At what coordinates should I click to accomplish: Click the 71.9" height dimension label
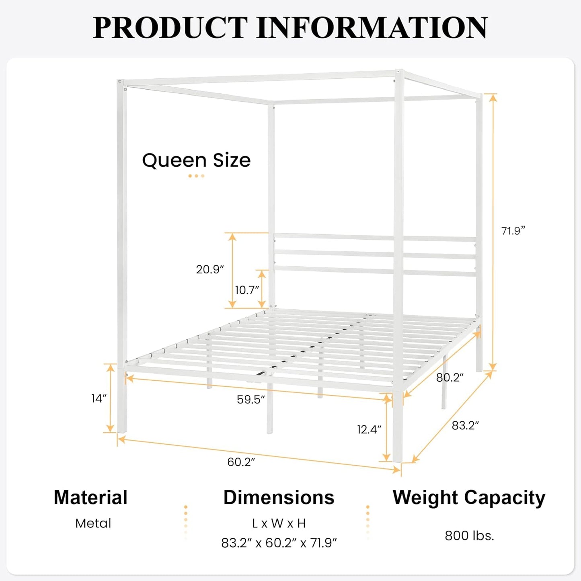coord(513,231)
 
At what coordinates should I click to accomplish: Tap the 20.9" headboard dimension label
coord(210,269)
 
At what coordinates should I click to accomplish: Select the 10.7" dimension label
coord(247,290)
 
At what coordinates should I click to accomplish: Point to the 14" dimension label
coord(99,398)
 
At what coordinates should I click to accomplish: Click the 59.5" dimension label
coord(251,399)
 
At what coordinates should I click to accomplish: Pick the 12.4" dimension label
coord(369,429)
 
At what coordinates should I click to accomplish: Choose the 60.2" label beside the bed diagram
coord(241,462)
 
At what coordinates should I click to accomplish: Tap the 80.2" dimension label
coord(450,377)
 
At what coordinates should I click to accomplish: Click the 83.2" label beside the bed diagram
coord(465,425)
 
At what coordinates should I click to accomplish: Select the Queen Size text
coord(196,160)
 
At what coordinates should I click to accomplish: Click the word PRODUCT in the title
coord(170,28)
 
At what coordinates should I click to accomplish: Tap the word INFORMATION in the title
coord(372,28)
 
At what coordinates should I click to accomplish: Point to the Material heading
coord(90,497)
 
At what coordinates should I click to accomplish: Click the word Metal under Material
coord(93,523)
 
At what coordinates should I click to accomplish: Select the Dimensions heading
coord(279,497)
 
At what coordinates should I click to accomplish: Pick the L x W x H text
coord(279,523)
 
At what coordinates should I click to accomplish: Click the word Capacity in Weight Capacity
coord(505,498)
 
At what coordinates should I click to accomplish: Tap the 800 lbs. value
coord(469,536)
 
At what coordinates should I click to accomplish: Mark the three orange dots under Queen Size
coord(196,176)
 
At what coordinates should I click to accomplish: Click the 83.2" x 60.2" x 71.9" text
coord(279,543)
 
